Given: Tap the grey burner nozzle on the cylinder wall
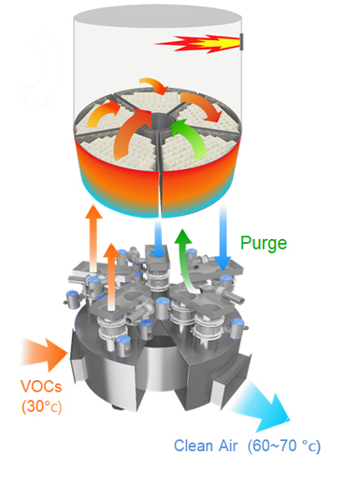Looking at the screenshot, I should [240, 41].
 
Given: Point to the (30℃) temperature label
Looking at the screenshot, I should [41, 406].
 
